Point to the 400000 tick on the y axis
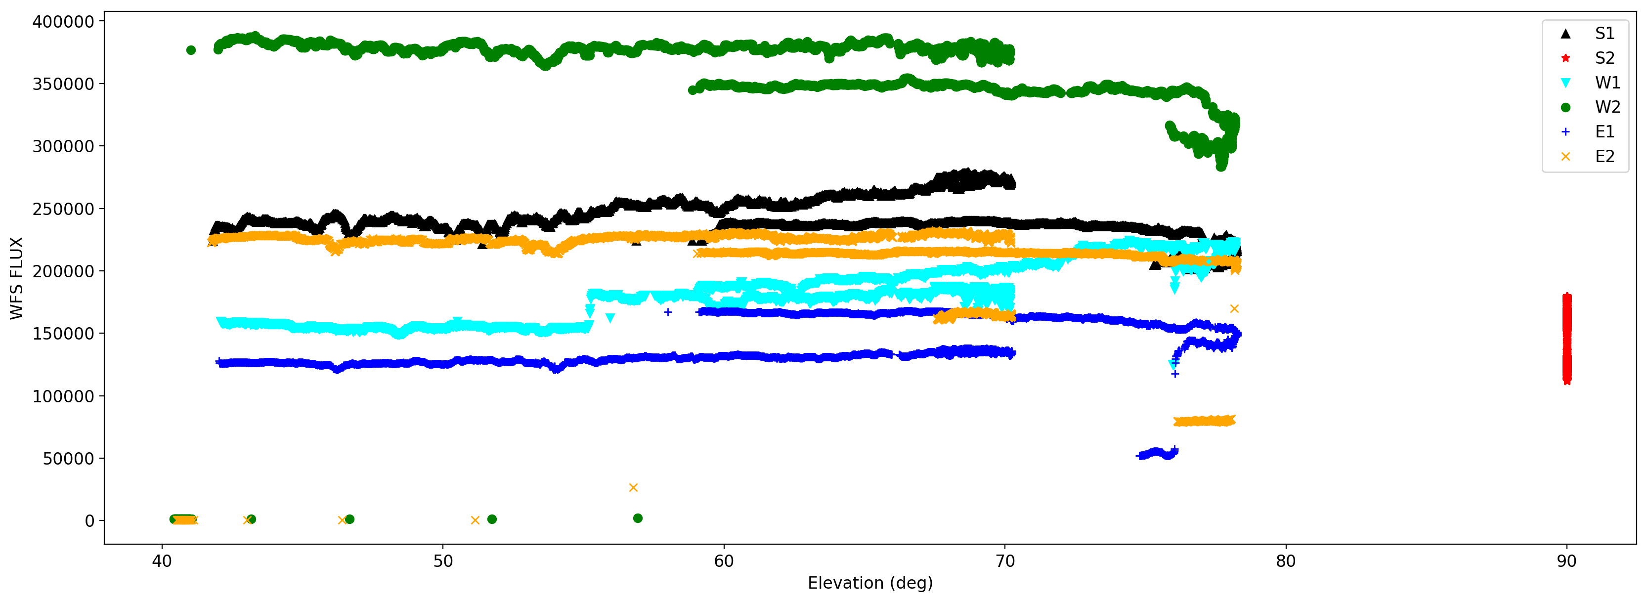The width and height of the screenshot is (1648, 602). pos(63,22)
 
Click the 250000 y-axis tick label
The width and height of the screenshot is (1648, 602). pos(63,209)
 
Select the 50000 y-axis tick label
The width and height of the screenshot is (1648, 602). pos(68,459)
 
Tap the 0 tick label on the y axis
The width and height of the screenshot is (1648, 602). pos(89,521)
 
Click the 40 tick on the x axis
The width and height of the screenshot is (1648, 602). pos(162,561)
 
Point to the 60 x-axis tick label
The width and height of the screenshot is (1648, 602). pos(724,561)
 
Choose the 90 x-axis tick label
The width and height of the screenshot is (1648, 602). pos(1567,561)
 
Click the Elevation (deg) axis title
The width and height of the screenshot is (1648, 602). pos(870,583)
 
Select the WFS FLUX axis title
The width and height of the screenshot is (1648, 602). pos(17,278)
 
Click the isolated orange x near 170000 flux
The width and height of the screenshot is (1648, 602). pos(1234,309)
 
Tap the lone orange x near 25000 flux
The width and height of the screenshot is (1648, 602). pos(633,487)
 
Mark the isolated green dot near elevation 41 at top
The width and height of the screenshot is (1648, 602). pos(191,50)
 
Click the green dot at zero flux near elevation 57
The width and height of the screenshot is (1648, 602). pos(638,518)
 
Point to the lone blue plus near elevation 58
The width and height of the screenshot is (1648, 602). pos(668,312)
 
